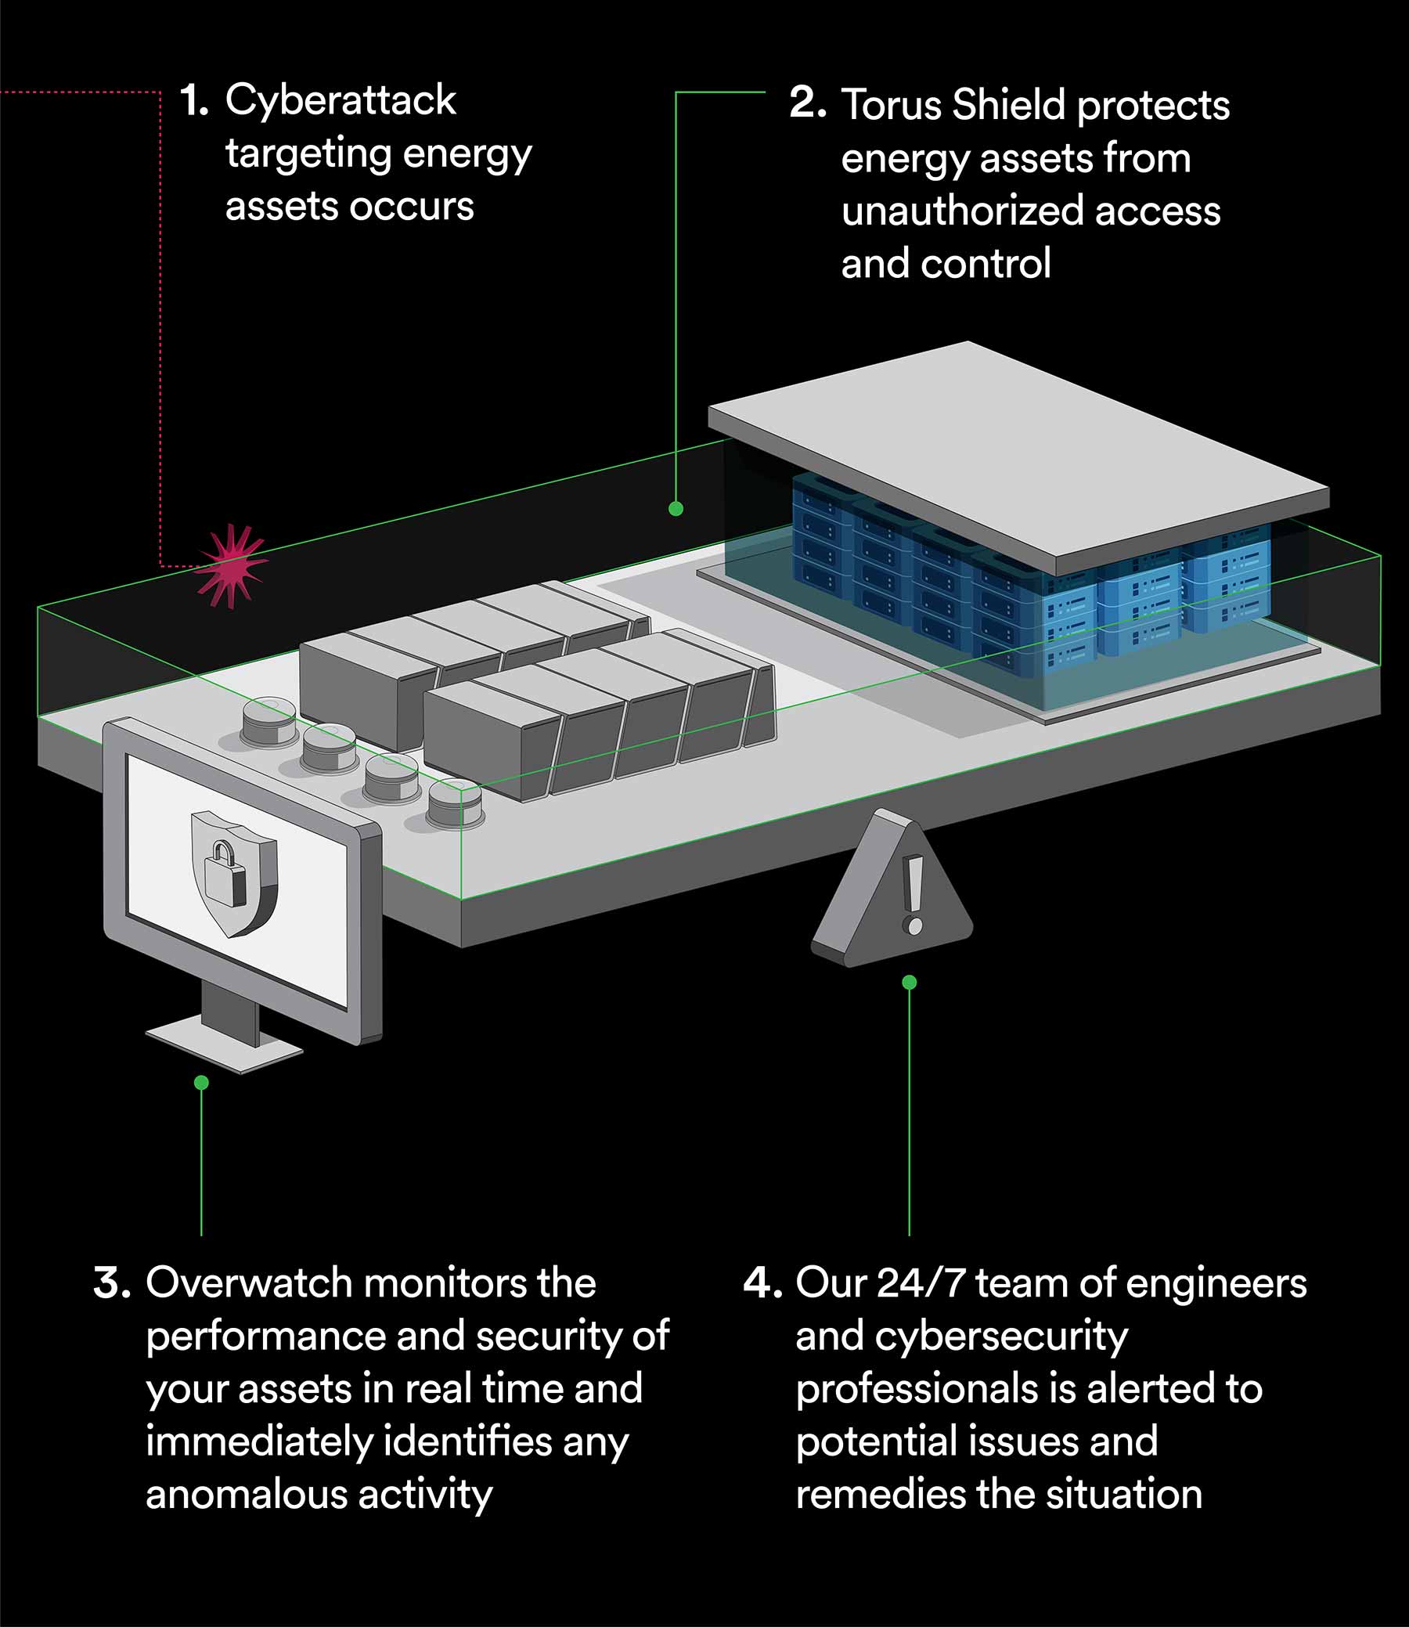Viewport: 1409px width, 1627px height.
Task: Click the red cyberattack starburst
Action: pyautogui.click(x=231, y=565)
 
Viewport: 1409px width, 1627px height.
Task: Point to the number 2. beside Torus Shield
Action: pyautogui.click(x=808, y=103)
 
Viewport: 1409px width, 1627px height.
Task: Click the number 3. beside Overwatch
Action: pyautogui.click(x=112, y=1282)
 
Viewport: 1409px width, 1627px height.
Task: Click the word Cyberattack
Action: pyautogui.click(x=341, y=100)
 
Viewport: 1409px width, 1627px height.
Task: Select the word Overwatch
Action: pyautogui.click(x=249, y=1282)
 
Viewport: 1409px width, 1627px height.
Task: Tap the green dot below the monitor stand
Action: pyautogui.click(x=201, y=1083)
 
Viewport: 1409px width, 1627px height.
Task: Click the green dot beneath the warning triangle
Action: pyautogui.click(x=910, y=982)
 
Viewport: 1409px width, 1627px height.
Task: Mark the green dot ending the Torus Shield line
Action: pyautogui.click(x=676, y=509)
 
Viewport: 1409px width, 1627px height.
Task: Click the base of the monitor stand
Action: pyautogui.click(x=225, y=1041)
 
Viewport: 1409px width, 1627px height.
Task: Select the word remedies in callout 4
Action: pyautogui.click(x=880, y=1494)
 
